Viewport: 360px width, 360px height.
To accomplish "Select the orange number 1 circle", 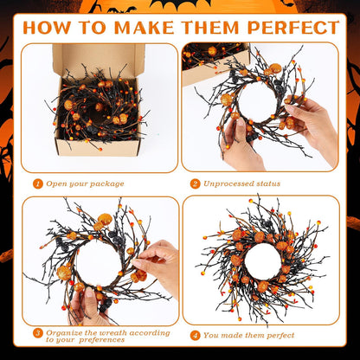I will point(37,183).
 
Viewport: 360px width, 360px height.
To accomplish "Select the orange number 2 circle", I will point(196,183).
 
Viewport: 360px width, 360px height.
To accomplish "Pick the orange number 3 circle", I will point(37,331).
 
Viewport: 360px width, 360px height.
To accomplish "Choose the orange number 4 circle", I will point(196,335).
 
